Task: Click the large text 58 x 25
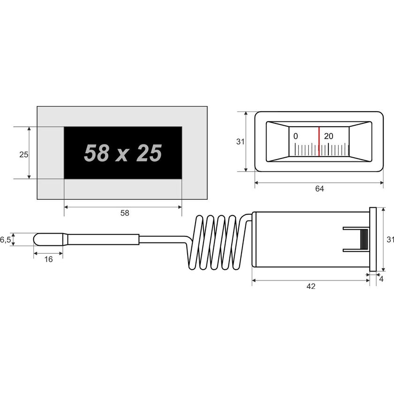click(x=123, y=153)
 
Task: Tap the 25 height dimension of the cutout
click(x=23, y=154)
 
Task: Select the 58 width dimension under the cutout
click(x=125, y=213)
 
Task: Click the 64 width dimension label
click(x=319, y=189)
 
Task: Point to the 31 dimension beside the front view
click(x=240, y=142)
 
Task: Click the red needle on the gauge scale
click(x=319, y=142)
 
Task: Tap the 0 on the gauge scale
click(x=295, y=136)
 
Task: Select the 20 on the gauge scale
click(x=328, y=136)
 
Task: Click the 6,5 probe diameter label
click(x=5, y=240)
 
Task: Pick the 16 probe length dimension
click(x=48, y=259)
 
